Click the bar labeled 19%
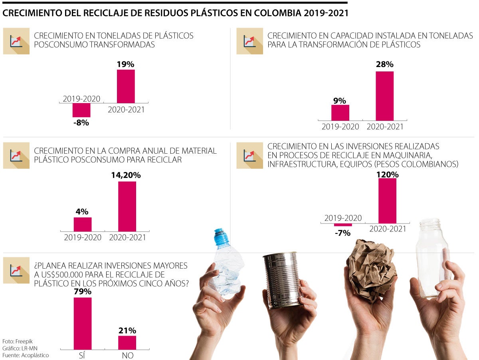click(126, 86)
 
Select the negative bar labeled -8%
click(81, 110)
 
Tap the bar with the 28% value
click(384, 96)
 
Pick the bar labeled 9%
click(340, 113)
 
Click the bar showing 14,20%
click(127, 206)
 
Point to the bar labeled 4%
click(83, 224)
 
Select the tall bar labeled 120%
click(387, 201)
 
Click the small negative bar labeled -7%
click(343, 225)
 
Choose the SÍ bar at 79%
click(83, 323)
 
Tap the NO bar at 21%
click(127, 342)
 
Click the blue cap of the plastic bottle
click(220, 237)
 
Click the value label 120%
click(387, 174)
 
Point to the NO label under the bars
click(127, 356)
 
